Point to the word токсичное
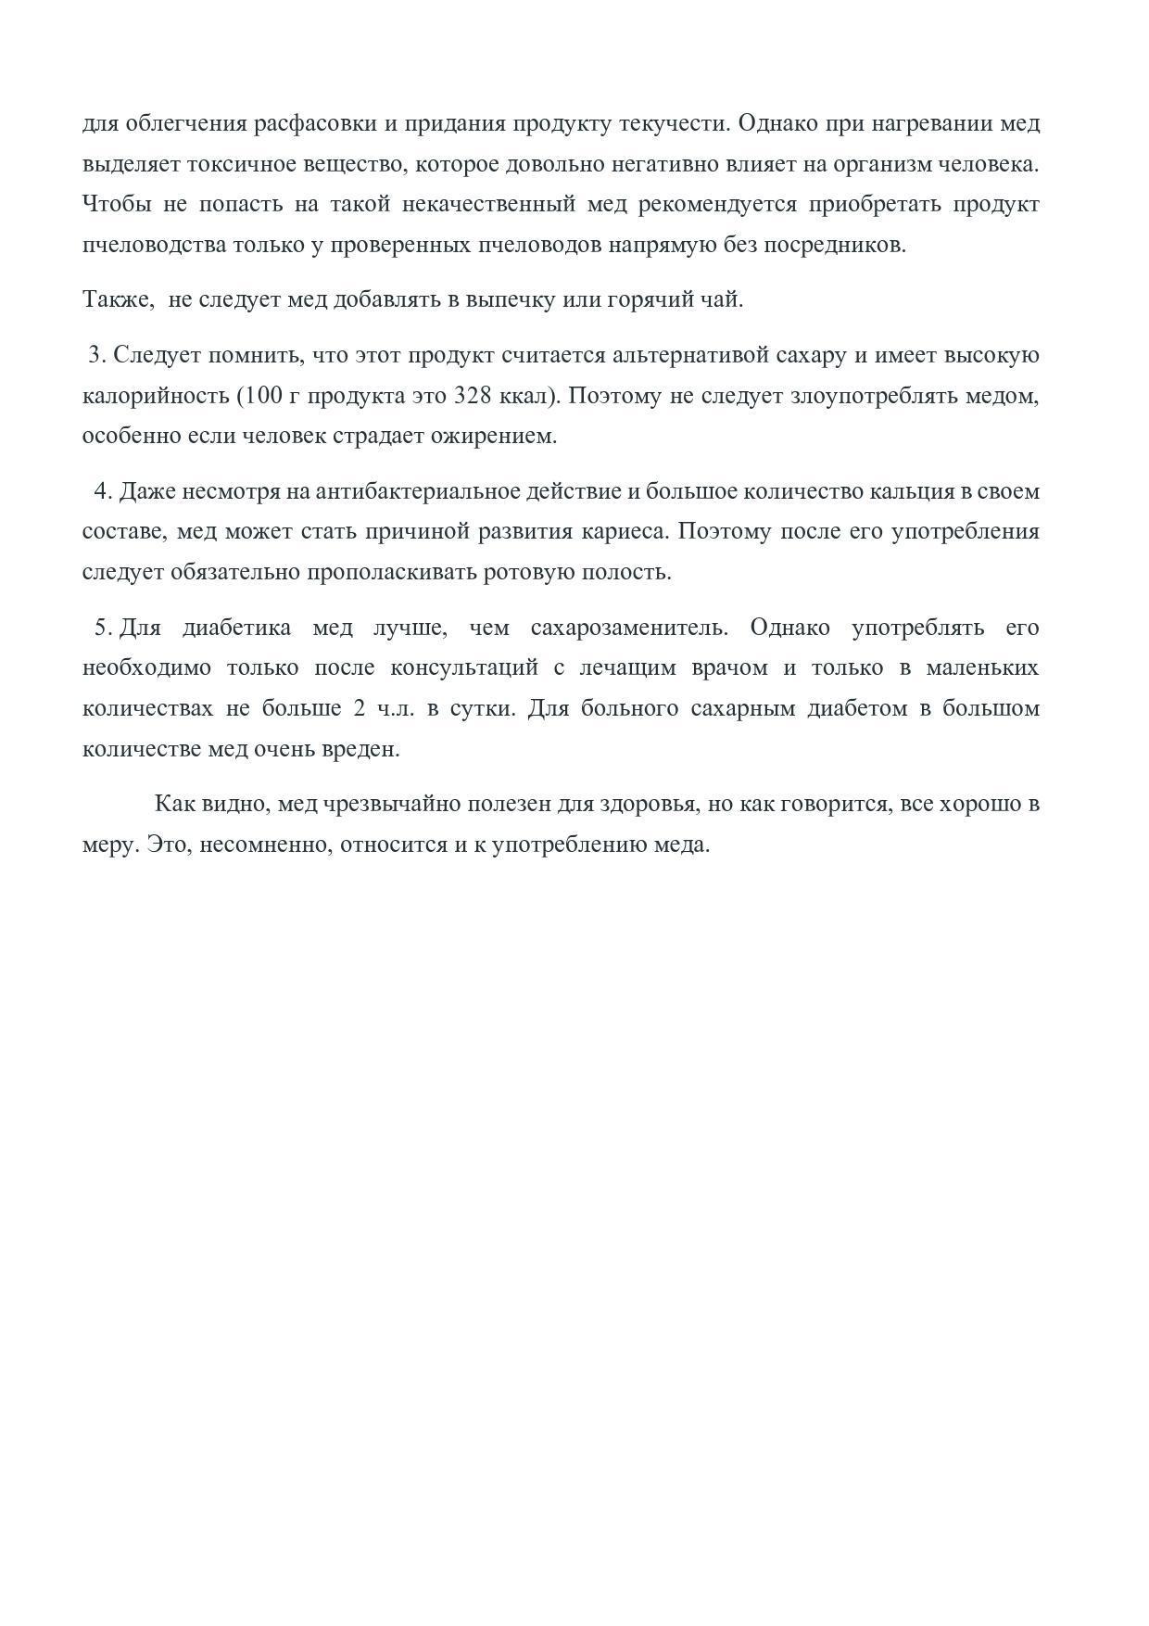[245, 165]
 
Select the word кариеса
[627, 532]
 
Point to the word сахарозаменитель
[628, 628]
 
